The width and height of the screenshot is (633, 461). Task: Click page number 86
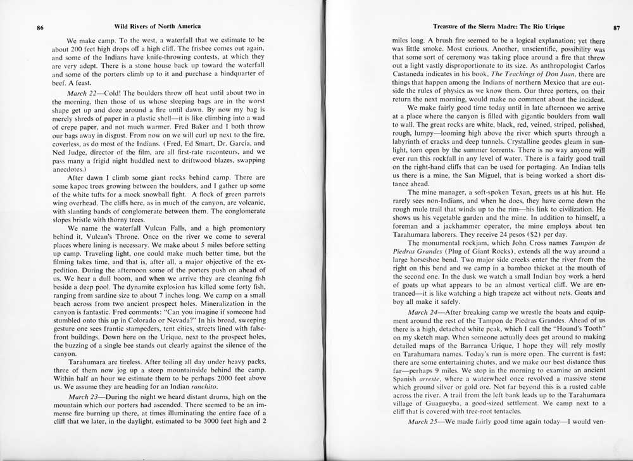tap(40, 27)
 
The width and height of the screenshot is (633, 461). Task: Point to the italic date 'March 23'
tap(81, 396)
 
